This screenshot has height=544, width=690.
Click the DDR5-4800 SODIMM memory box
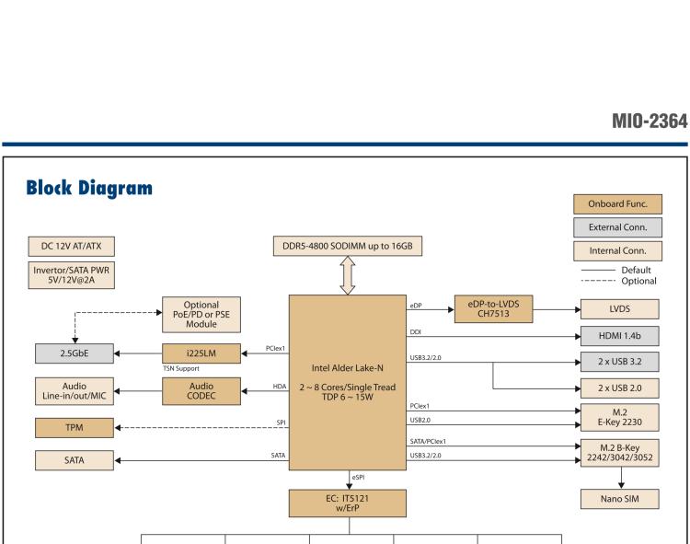pos(348,246)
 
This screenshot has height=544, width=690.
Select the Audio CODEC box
pos(201,390)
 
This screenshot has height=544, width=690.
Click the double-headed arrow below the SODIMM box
pos(348,275)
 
